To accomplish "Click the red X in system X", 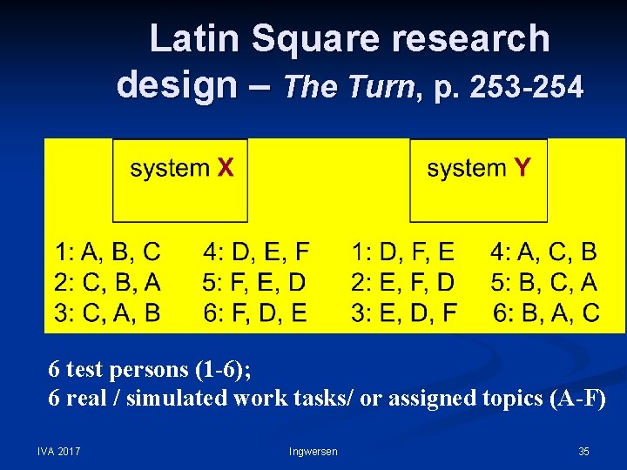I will [x=225, y=168].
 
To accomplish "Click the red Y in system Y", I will [x=522, y=168].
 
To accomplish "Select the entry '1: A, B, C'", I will [x=108, y=252].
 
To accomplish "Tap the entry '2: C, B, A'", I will [x=108, y=282].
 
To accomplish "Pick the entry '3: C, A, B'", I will [x=108, y=312].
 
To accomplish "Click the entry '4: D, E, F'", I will [x=255, y=252].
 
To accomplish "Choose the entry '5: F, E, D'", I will [x=255, y=282].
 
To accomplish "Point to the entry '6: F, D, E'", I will [x=255, y=312].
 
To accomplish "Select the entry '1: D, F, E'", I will [x=403, y=252].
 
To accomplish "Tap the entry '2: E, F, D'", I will [x=403, y=282].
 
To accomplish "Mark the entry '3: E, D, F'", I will [x=403, y=312].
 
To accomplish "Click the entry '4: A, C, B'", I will [x=543, y=252].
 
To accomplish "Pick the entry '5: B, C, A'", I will [x=543, y=282].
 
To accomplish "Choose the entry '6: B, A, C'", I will [x=546, y=312].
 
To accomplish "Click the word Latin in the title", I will [x=193, y=39].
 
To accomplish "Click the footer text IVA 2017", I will [x=58, y=451].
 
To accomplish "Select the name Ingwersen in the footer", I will [x=313, y=451].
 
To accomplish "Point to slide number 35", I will [x=583, y=451].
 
